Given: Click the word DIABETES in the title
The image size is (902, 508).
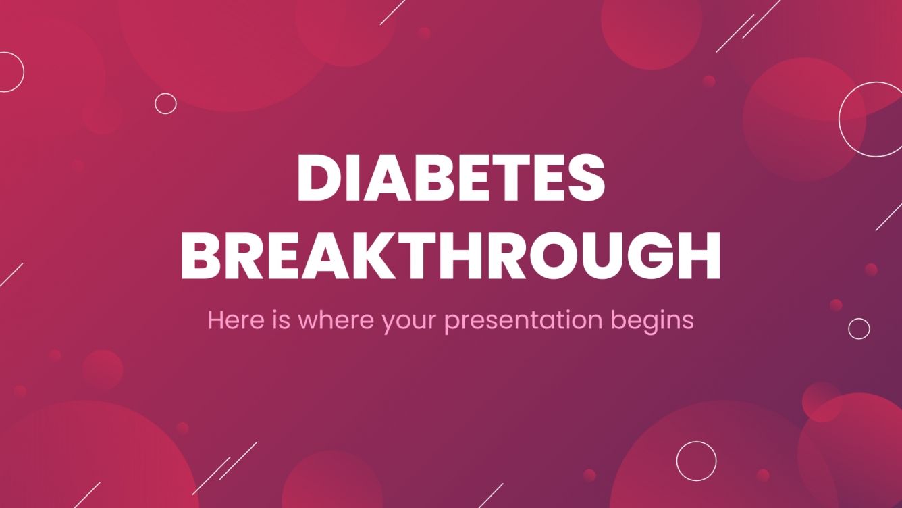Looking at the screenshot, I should [x=450, y=178].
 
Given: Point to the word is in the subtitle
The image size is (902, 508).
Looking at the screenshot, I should [x=284, y=320].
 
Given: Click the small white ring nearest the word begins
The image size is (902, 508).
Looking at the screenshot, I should [x=859, y=328].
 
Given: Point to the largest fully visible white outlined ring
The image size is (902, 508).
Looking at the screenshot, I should [x=871, y=120].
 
